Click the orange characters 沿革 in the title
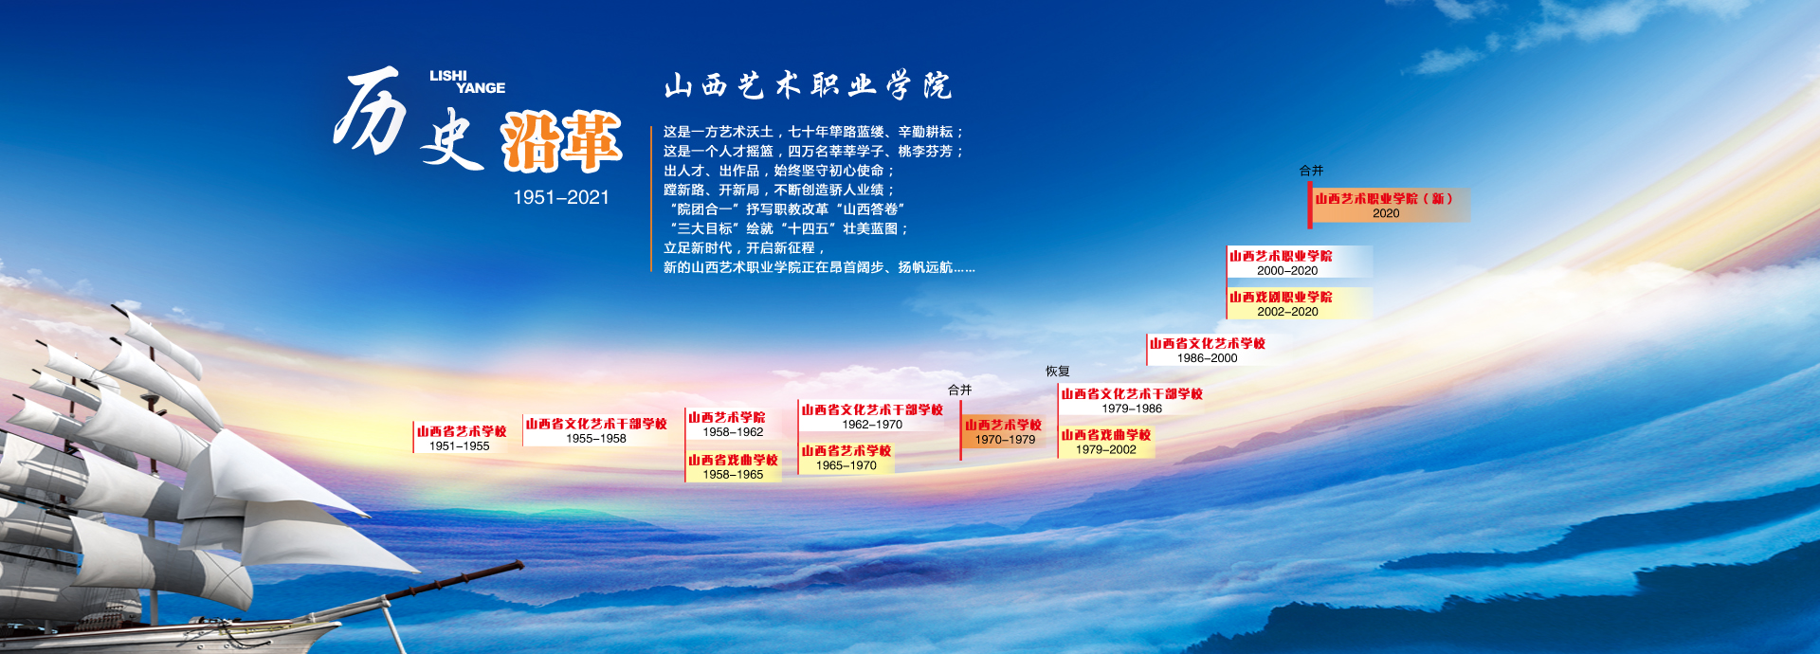point(561,141)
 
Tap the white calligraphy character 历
point(371,110)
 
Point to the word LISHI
point(448,76)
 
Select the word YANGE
point(481,88)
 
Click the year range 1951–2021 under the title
point(561,197)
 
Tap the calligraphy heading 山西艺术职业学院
point(808,85)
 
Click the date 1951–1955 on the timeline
point(460,446)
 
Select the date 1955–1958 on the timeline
point(596,439)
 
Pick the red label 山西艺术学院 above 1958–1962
point(727,417)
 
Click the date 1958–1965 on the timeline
point(733,475)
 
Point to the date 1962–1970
point(872,425)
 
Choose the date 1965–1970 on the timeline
point(846,466)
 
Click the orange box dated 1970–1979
point(1004,432)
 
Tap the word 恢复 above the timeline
point(1058,372)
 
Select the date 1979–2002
point(1105,450)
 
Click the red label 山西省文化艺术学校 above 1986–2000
point(1208,343)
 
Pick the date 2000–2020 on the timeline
point(1287,271)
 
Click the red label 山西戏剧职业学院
point(1281,297)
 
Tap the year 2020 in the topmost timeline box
point(1386,213)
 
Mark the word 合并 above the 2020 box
point(1311,171)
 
